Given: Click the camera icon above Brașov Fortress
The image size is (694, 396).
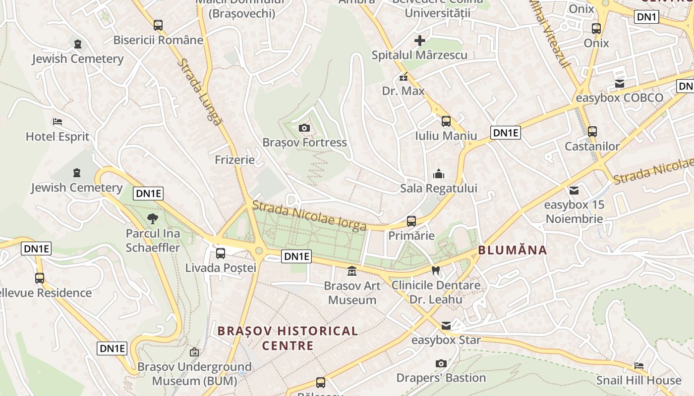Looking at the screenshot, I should (x=305, y=128).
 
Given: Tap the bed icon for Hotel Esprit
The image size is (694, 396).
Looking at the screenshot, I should (x=58, y=122).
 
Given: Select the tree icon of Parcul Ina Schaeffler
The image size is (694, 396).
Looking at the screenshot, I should (x=153, y=218).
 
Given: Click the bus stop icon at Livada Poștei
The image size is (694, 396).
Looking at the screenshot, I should (x=221, y=253).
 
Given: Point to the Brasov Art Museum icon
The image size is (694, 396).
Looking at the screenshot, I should (x=352, y=271).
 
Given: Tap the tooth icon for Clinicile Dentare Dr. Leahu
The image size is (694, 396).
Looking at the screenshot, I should (x=436, y=270).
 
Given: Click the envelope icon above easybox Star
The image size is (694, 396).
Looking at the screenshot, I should (x=446, y=325).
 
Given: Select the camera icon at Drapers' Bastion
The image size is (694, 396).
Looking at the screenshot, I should (x=441, y=364).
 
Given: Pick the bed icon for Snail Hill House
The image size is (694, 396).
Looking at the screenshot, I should (x=639, y=366).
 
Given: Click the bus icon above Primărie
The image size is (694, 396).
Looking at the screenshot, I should (x=411, y=221).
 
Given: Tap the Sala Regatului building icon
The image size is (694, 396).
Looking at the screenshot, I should (x=439, y=174).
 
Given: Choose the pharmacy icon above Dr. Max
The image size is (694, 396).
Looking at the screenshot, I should (x=404, y=77).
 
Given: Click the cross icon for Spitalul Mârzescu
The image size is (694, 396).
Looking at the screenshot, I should (x=420, y=41).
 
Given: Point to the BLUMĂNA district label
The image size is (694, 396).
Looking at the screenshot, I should (x=513, y=250).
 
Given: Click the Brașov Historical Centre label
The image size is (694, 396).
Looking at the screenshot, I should (x=288, y=338).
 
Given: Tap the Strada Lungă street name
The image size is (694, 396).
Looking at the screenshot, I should (x=199, y=92).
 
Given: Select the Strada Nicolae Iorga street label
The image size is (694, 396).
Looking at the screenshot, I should (x=309, y=216).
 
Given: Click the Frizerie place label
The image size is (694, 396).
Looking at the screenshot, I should (x=235, y=160).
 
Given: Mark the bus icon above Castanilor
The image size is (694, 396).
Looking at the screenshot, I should (x=592, y=132).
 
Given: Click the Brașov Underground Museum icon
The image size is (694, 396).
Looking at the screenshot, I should (x=194, y=352).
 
